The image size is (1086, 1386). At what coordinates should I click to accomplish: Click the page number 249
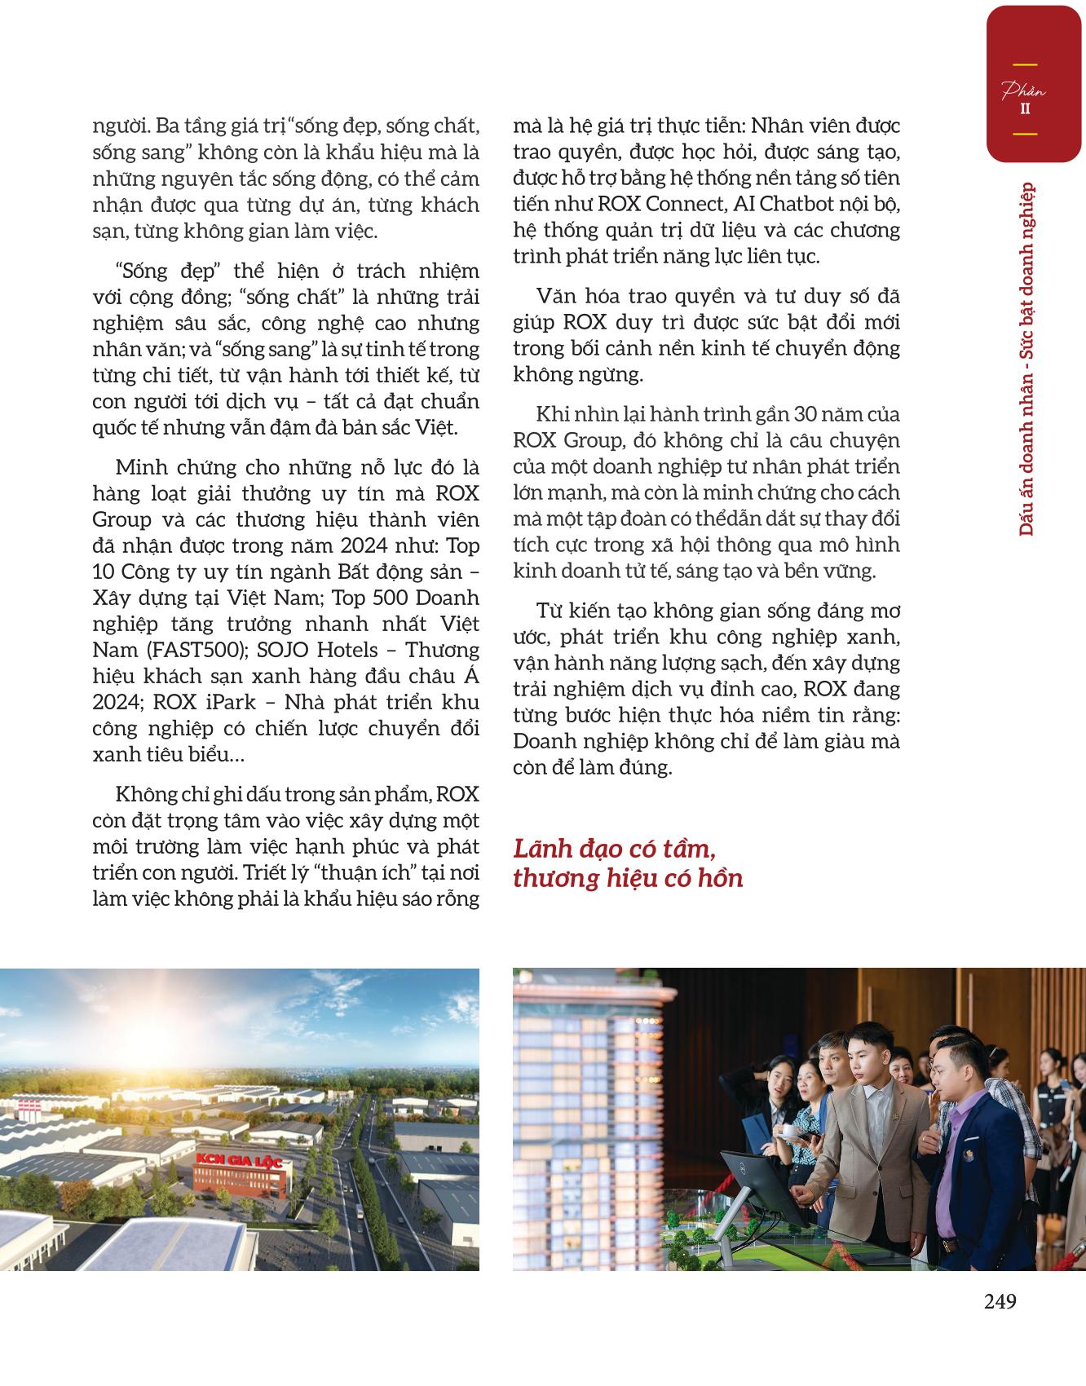click(x=1000, y=1302)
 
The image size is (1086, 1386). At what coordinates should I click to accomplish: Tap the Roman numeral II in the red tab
click(x=1025, y=108)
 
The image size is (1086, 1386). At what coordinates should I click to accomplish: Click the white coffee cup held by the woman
click(x=789, y=1132)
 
